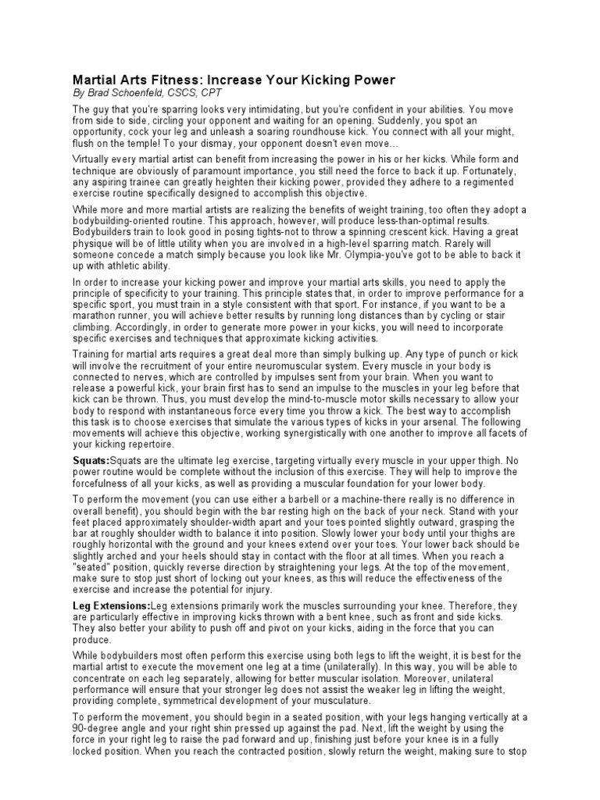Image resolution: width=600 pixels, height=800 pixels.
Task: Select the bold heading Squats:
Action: pyautogui.click(x=91, y=460)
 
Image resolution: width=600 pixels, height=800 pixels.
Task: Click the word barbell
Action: pyautogui.click(x=319, y=500)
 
